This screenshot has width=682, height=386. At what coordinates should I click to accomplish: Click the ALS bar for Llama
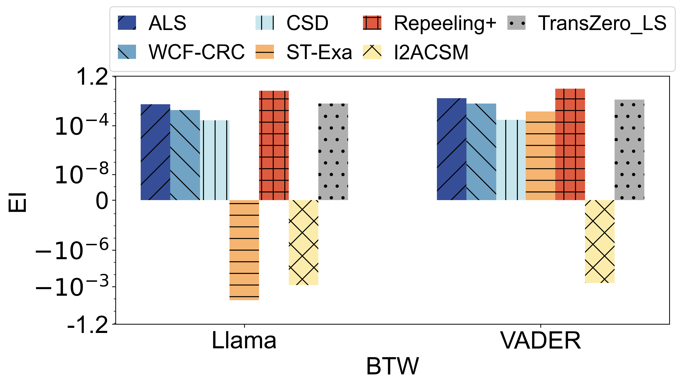point(155,152)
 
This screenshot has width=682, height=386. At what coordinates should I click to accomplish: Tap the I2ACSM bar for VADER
point(600,241)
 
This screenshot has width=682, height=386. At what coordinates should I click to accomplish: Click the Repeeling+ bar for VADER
point(570,144)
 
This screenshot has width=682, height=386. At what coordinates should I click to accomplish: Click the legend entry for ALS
point(167,23)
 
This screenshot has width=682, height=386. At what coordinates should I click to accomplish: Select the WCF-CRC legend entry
point(196,52)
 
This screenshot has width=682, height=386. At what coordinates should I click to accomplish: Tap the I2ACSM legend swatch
point(372,52)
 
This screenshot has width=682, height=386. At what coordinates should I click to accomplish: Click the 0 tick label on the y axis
point(102,201)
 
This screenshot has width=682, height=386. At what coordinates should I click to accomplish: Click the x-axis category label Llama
point(244,340)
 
